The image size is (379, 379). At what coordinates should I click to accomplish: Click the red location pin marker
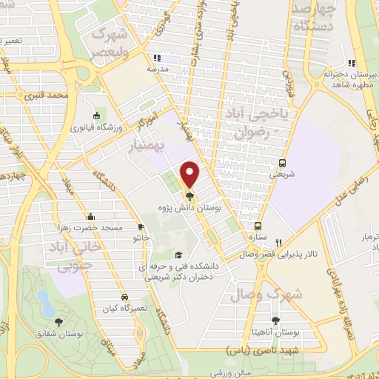(190, 175)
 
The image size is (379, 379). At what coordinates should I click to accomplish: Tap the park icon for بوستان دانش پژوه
(190, 196)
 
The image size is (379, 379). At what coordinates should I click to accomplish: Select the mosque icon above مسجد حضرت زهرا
(90, 216)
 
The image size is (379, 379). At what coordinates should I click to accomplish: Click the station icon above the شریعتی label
(282, 163)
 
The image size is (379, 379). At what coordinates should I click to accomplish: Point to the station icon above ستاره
(258, 227)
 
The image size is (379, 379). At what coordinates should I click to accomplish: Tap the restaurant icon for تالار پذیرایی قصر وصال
(279, 241)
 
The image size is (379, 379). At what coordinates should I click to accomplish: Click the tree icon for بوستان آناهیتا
(275, 320)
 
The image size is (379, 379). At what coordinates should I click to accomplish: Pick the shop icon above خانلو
(141, 228)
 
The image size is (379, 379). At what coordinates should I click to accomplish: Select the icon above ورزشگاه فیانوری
(97, 115)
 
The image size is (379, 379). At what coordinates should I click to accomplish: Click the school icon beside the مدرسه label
(155, 58)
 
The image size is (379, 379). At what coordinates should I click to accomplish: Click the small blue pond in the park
(44, 301)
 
